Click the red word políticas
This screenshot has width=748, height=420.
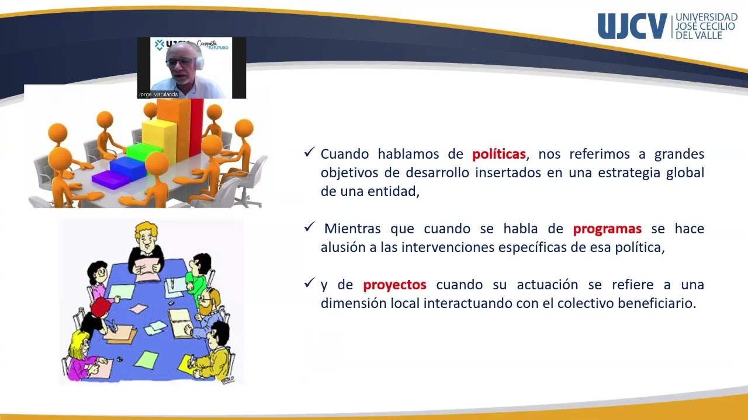coord(499,155)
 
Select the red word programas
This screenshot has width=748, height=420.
coord(607,229)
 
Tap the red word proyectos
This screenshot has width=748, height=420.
coord(394,285)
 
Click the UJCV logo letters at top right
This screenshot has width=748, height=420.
coord(632,26)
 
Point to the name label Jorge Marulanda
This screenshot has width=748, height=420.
coord(158,94)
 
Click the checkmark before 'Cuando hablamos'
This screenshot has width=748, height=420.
coord(310,153)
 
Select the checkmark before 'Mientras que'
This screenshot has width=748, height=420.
coord(310,227)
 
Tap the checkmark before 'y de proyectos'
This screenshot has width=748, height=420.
coord(310,283)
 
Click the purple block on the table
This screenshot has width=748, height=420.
coord(110,180)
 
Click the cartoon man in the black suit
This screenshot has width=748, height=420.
coord(146,248)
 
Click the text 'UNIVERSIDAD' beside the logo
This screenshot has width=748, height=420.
coord(706,17)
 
